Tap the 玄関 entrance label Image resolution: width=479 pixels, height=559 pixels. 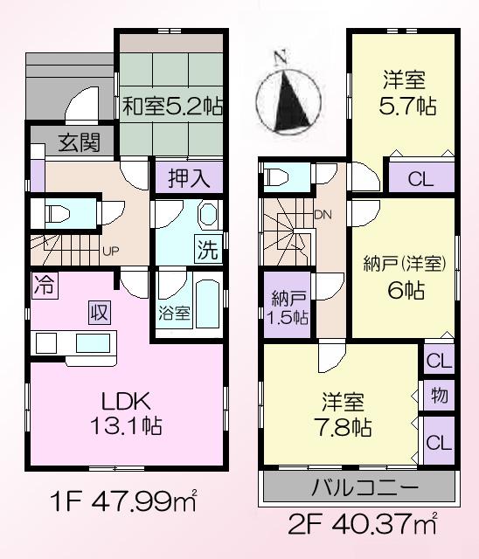tap(80, 143)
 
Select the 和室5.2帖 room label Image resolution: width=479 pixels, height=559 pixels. tap(170, 107)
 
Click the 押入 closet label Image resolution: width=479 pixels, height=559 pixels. tap(189, 179)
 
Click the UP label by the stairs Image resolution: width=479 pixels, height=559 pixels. tap(111, 252)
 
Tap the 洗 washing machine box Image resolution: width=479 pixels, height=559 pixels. tap(207, 250)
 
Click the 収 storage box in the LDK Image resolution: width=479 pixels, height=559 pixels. tap(100, 312)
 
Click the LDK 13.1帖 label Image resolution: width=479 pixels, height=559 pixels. tap(126, 414)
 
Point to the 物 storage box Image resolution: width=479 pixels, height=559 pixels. tap(439, 396)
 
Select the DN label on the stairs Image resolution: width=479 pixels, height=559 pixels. tap(322, 214)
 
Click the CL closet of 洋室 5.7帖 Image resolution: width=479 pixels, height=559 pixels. tap(420, 180)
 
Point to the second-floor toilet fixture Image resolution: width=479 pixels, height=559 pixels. tap(278, 177)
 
